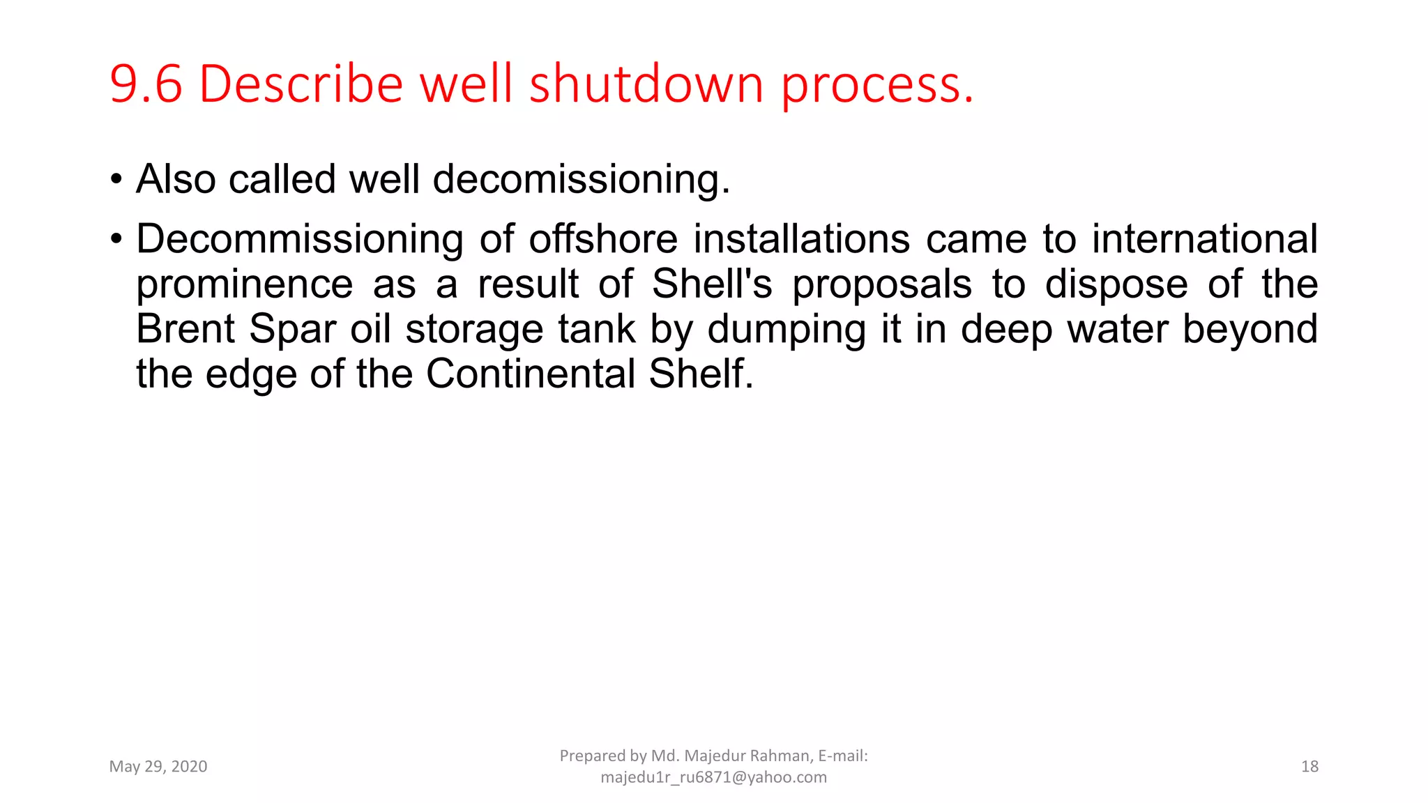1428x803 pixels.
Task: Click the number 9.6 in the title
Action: coord(146,84)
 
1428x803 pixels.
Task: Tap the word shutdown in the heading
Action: coord(646,84)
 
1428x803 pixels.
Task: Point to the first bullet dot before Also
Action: coord(116,180)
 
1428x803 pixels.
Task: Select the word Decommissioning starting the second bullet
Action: coord(299,240)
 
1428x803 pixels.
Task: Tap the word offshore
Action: coord(602,239)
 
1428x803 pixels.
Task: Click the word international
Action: coord(1204,239)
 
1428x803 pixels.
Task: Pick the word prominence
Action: coord(244,285)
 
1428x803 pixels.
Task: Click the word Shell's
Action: coord(712,284)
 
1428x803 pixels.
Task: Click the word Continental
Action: coord(530,374)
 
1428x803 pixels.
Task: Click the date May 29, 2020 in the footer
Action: coord(158,767)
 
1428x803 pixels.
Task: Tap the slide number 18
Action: coord(1309,767)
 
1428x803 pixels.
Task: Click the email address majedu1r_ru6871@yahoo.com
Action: coord(713,777)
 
